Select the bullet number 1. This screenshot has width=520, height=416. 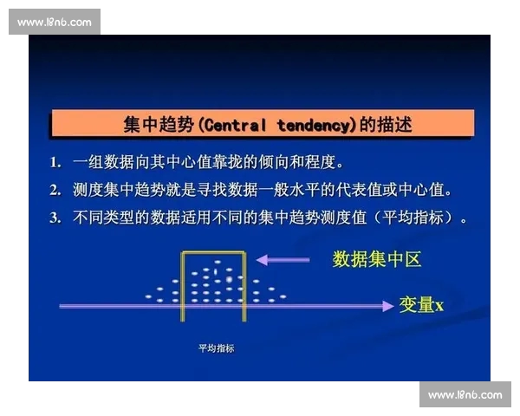[x=55, y=163]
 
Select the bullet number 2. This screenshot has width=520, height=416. [x=55, y=190]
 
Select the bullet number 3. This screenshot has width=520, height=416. [x=55, y=218]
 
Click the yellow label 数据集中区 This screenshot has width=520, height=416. [x=377, y=259]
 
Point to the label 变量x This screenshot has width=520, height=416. [x=421, y=305]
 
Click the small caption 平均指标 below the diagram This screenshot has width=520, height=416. [x=216, y=348]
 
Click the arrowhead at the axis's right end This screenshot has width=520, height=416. [x=387, y=305]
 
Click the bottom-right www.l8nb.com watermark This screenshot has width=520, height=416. [x=465, y=394]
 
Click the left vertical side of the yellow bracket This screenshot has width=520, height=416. [x=182, y=286]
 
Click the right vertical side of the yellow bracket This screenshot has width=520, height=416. [x=246, y=286]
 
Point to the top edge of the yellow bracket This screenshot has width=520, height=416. [x=214, y=252]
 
